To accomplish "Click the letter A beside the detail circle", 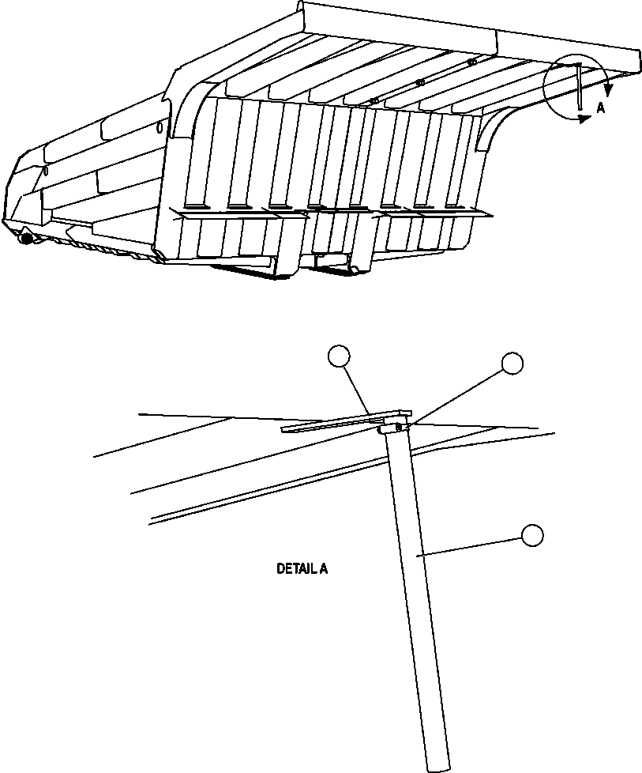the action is [601, 108].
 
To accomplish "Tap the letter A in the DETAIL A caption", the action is [323, 568].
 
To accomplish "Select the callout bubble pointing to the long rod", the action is [532, 535].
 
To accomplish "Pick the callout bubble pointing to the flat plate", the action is [339, 357].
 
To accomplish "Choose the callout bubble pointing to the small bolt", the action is [512, 363].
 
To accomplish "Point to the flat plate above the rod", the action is [347, 421].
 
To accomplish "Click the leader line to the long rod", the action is [474, 545].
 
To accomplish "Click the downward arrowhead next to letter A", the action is [608, 89].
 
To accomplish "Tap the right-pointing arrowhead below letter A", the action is [584, 119].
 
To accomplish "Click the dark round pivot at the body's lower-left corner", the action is [26, 236].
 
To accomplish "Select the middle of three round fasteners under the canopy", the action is [419, 81].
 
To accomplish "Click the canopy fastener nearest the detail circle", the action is [471, 62].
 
